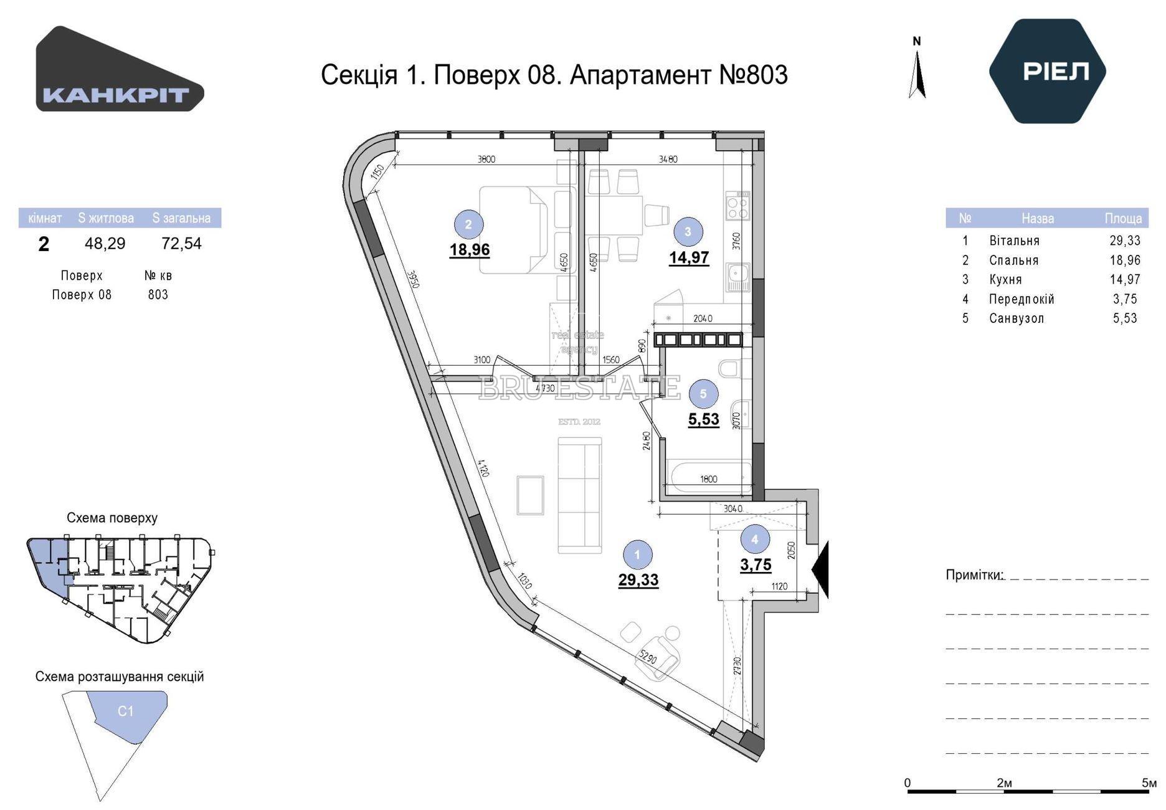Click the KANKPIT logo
coord(120,69)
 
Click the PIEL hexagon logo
coord(1047,71)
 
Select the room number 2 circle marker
coord(468,225)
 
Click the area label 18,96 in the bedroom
coord(470,250)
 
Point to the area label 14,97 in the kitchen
coord(689,257)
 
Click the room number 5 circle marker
coord(703,394)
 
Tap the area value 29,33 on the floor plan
coord(638,579)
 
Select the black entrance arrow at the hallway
coord(820,569)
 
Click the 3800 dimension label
coord(486,159)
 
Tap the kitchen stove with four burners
coord(737,206)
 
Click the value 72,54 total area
coord(181,243)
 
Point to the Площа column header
coord(1123,218)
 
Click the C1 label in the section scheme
coord(126,711)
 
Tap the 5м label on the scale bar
coord(1149,783)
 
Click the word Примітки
coord(974,574)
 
